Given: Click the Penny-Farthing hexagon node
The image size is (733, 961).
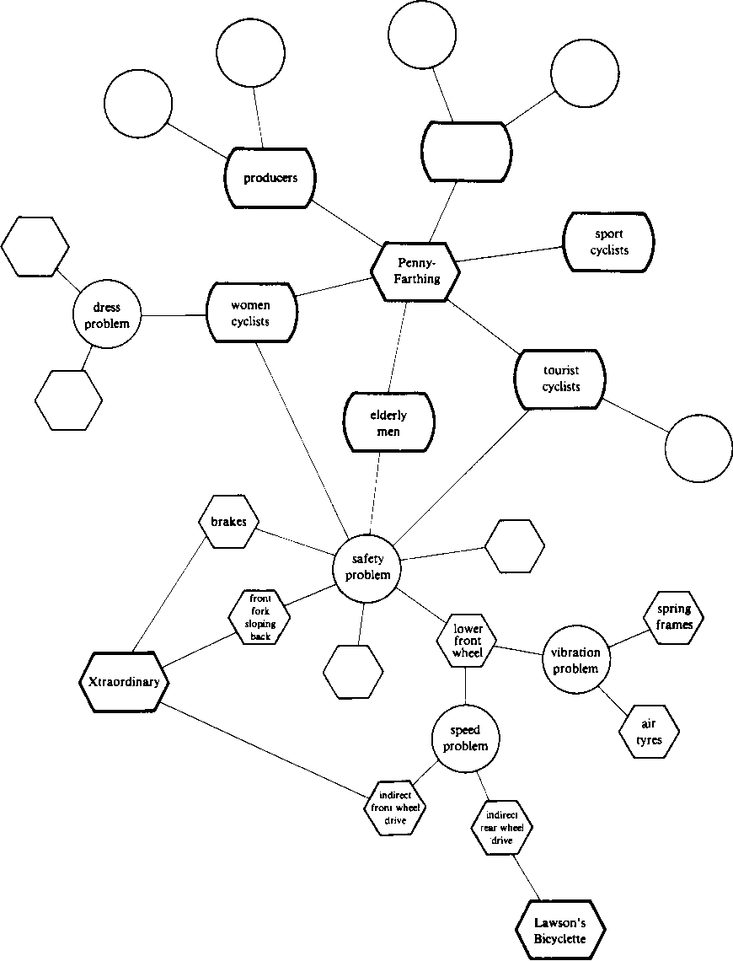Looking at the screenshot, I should coord(415,271).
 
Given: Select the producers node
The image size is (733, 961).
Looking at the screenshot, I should coord(270,178).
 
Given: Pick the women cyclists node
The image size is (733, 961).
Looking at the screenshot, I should coord(250,313).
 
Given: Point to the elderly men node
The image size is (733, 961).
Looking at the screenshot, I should coord(388,423).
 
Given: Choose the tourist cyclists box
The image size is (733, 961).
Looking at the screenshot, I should coord(560,378).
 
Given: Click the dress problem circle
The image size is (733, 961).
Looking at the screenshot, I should coord(107,316).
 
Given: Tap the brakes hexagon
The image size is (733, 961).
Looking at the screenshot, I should coord(228,522).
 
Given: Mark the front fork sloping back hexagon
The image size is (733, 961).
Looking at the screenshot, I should coord(259,616).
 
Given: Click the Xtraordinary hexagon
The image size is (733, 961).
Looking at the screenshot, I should coord(123,681).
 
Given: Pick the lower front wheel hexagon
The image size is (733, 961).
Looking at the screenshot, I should coord(466,641).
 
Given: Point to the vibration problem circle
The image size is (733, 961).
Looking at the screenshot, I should coord(575,660).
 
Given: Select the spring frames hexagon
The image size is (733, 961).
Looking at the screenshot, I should coord(673,616).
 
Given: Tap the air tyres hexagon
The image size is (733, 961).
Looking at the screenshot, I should coord(649,733).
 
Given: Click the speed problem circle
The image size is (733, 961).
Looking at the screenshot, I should coord(466,738).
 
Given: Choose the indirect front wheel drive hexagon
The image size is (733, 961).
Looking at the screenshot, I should coord(397,807).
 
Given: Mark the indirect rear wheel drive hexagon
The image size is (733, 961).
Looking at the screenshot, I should coord(501,828).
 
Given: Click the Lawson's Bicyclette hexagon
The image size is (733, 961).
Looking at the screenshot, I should coord(559,930).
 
